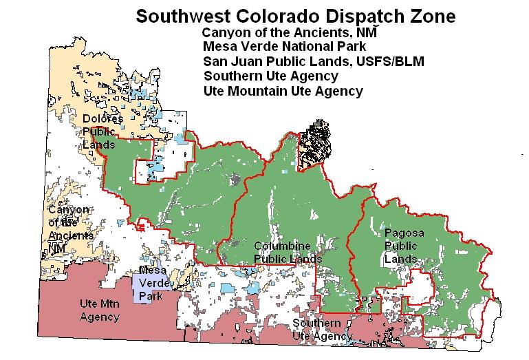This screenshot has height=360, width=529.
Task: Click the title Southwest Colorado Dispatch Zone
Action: (295, 16)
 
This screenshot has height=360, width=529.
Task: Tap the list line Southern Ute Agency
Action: (270, 76)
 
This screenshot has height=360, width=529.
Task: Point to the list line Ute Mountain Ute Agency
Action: (283, 91)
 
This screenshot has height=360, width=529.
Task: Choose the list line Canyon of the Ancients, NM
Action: (290, 32)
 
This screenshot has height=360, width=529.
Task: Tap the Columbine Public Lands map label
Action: (288, 252)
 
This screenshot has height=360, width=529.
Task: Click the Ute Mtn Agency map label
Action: (100, 311)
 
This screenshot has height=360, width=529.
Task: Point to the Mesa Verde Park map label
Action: (153, 283)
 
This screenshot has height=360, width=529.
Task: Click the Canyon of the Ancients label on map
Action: (69, 228)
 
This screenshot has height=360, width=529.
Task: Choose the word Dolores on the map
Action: (103, 119)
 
